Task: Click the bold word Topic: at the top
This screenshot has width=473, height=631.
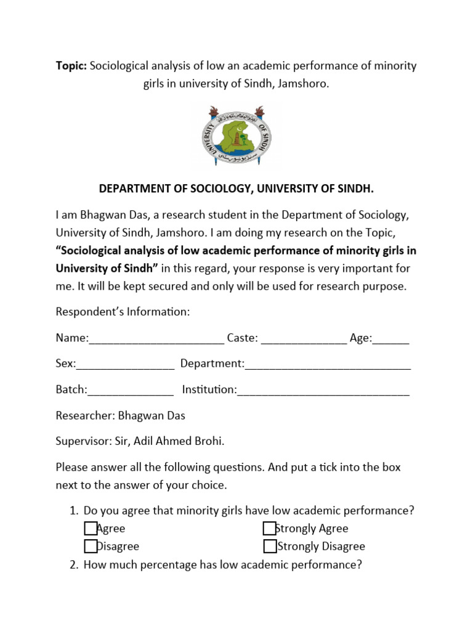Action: [71, 66]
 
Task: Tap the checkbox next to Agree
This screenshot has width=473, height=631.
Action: [91, 528]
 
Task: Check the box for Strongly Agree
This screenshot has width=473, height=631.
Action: [269, 528]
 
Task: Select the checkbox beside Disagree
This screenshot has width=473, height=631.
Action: [91, 546]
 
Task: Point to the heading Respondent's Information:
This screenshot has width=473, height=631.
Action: [123, 312]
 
